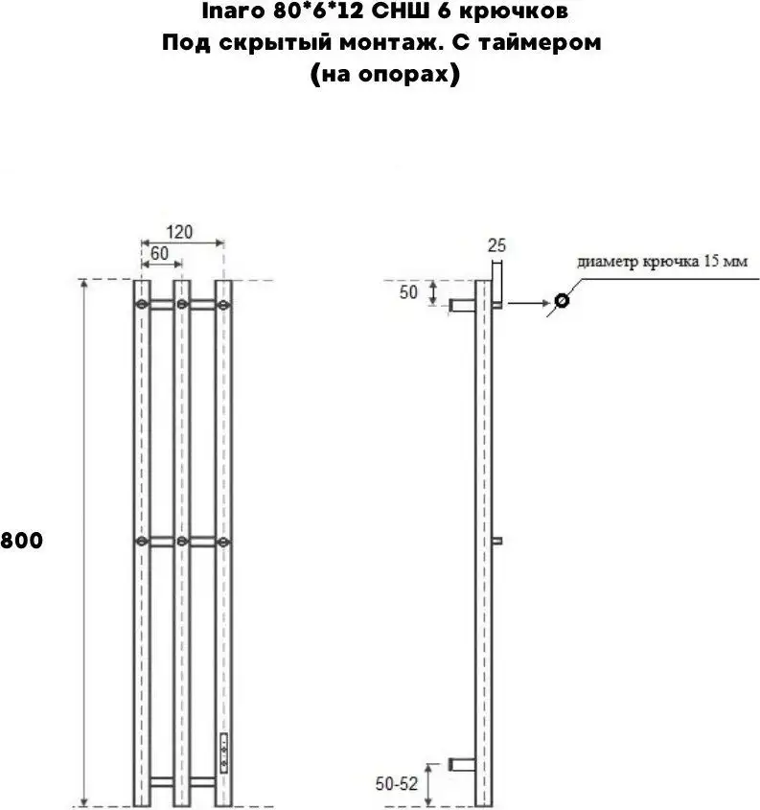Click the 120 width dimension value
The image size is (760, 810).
[179, 231]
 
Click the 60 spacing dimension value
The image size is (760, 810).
[159, 253]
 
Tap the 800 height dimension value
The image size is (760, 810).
[22, 541]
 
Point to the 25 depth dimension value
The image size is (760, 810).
[496, 244]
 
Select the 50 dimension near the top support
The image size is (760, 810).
[408, 292]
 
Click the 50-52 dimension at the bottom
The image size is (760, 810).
[397, 784]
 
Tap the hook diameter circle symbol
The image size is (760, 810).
[562, 300]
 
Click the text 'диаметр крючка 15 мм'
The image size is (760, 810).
[662, 262]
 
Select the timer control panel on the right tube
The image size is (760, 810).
[224, 752]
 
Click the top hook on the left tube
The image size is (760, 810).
[142, 304]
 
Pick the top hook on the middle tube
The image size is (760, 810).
[182, 304]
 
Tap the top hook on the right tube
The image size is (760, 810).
[223, 305]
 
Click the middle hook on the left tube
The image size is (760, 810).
[142, 542]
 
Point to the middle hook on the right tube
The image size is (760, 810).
[223, 542]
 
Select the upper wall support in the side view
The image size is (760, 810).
[462, 305]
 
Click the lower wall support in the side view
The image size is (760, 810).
[462, 765]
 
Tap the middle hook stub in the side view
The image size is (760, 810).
[497, 541]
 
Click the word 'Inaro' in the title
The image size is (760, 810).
[235, 12]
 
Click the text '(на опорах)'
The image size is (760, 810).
[384, 74]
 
